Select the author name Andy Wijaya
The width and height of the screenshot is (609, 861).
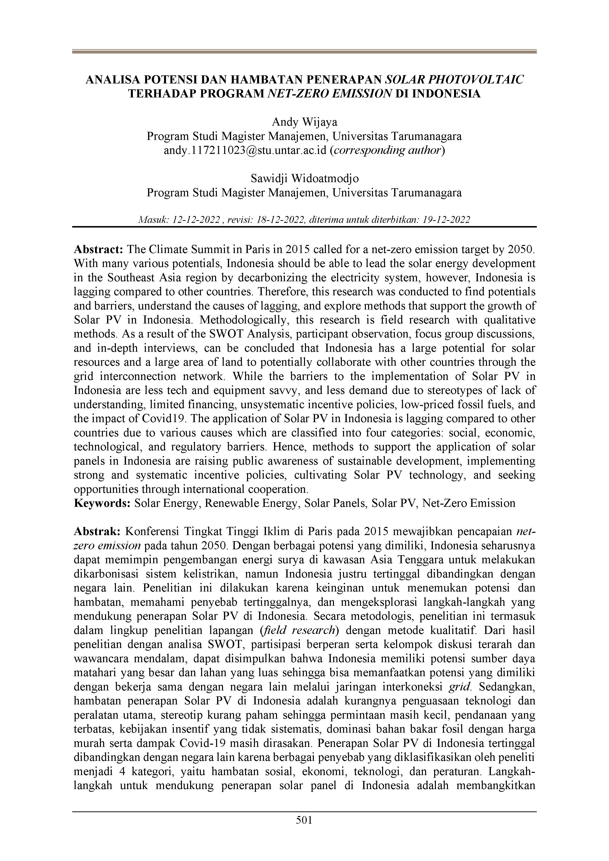(304, 122)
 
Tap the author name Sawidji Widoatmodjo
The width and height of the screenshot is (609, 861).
(304, 178)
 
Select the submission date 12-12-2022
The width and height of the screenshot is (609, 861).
(196, 220)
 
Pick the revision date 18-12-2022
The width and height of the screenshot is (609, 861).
(280, 220)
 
